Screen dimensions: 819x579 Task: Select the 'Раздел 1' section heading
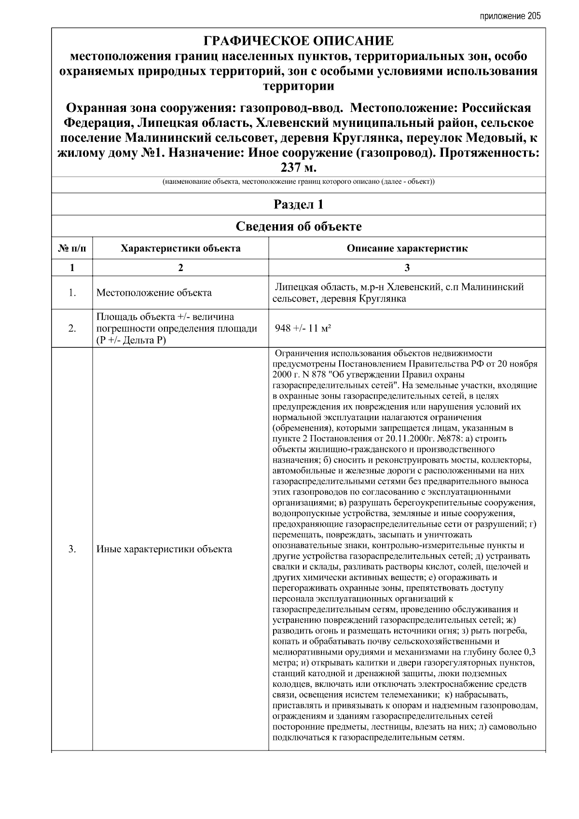(298, 205)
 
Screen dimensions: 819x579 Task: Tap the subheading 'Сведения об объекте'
(298, 226)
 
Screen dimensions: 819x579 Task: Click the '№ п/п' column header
(72, 249)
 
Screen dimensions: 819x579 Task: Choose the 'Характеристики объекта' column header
(180, 249)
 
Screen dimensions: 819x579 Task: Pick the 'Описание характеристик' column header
(407, 249)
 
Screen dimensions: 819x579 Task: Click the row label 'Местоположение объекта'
(154, 293)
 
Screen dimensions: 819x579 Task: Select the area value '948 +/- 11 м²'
(303, 328)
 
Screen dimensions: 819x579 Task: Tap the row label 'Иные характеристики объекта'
(164, 549)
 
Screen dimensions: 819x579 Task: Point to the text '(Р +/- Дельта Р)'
(131, 340)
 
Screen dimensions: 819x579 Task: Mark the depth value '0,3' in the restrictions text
(529, 652)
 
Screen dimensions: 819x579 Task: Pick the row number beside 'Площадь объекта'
(72, 328)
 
